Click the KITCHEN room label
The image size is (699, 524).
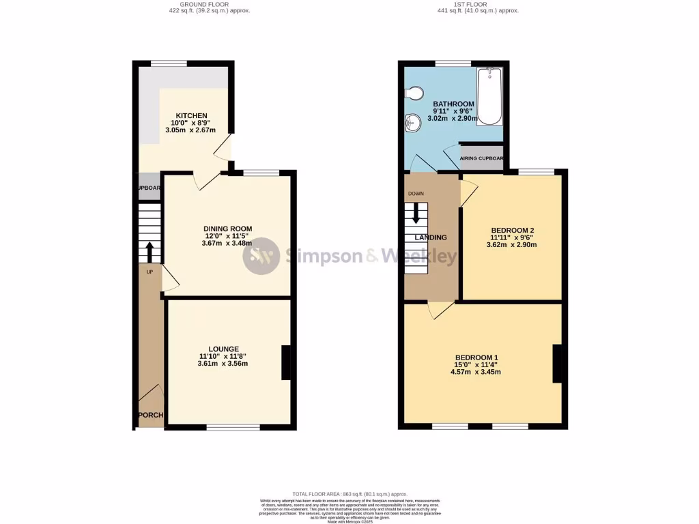(191, 115)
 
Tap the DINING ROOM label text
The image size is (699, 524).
(228, 229)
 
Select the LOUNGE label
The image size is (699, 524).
(223, 349)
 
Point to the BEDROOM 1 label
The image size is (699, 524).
(476, 358)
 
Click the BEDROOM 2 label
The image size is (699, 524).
(512, 230)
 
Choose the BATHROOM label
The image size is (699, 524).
(453, 104)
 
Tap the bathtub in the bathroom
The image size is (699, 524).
(489, 96)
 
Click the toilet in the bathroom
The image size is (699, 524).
(415, 93)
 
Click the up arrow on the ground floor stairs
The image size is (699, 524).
(148, 251)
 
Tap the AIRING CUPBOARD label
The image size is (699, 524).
(481, 158)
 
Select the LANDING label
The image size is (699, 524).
(431, 237)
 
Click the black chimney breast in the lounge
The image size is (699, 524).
(285, 362)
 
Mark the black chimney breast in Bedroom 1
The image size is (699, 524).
(557, 363)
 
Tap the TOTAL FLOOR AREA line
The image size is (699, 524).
(349, 493)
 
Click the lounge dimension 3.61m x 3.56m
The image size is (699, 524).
(223, 364)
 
